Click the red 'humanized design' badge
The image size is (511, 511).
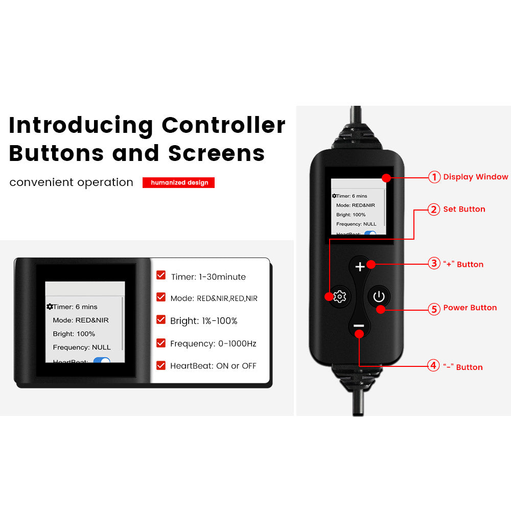click(x=178, y=182)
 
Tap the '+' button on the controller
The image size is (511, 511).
click(x=360, y=267)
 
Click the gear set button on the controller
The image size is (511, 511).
click(x=340, y=296)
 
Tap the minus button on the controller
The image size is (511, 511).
click(x=359, y=326)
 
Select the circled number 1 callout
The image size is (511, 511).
click(x=434, y=177)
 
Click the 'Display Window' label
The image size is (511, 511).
click(x=475, y=177)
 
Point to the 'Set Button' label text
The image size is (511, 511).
click(x=464, y=209)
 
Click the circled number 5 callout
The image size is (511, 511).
click(x=434, y=309)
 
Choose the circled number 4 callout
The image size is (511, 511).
click(x=433, y=365)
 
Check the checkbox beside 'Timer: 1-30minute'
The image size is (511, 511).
click(x=161, y=275)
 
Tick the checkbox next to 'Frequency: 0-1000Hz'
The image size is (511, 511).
click(x=161, y=343)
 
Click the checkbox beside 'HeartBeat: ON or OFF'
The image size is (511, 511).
click(x=161, y=365)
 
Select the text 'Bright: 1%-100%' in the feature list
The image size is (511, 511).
click(x=204, y=321)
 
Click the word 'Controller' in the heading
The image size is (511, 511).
click(x=224, y=125)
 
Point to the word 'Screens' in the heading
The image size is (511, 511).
click(x=216, y=153)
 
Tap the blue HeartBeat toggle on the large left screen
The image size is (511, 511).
click(x=102, y=360)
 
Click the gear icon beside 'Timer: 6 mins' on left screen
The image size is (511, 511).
click(x=50, y=307)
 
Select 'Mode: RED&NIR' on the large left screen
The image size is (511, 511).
click(x=81, y=320)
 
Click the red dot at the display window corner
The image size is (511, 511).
click(x=386, y=178)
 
